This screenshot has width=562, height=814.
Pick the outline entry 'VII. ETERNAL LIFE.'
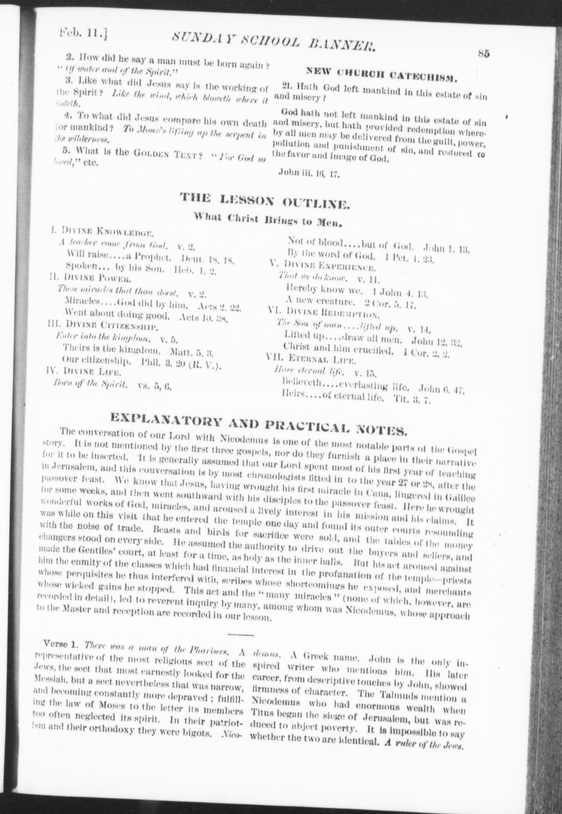pyautogui.click(x=311, y=360)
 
